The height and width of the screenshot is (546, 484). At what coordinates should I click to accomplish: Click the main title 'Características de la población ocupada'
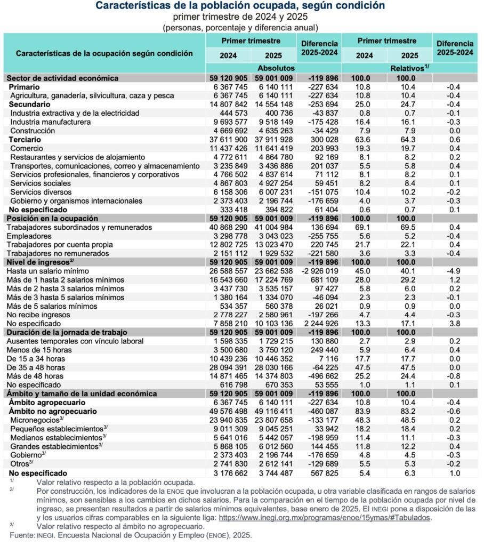coord(240,6)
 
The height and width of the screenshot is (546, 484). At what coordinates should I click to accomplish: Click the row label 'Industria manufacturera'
coord(50,122)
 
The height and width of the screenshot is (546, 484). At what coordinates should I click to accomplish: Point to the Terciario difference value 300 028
coord(322,140)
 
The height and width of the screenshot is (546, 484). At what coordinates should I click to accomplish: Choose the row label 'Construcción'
coord(33,131)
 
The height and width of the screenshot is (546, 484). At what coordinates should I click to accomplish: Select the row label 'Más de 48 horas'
coord(35,376)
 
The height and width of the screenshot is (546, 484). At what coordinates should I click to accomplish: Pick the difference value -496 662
coord(322,376)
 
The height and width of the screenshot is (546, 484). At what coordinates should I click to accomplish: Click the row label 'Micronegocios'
coord(35,420)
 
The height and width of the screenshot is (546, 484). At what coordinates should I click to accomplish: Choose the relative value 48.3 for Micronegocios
coord(365,420)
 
